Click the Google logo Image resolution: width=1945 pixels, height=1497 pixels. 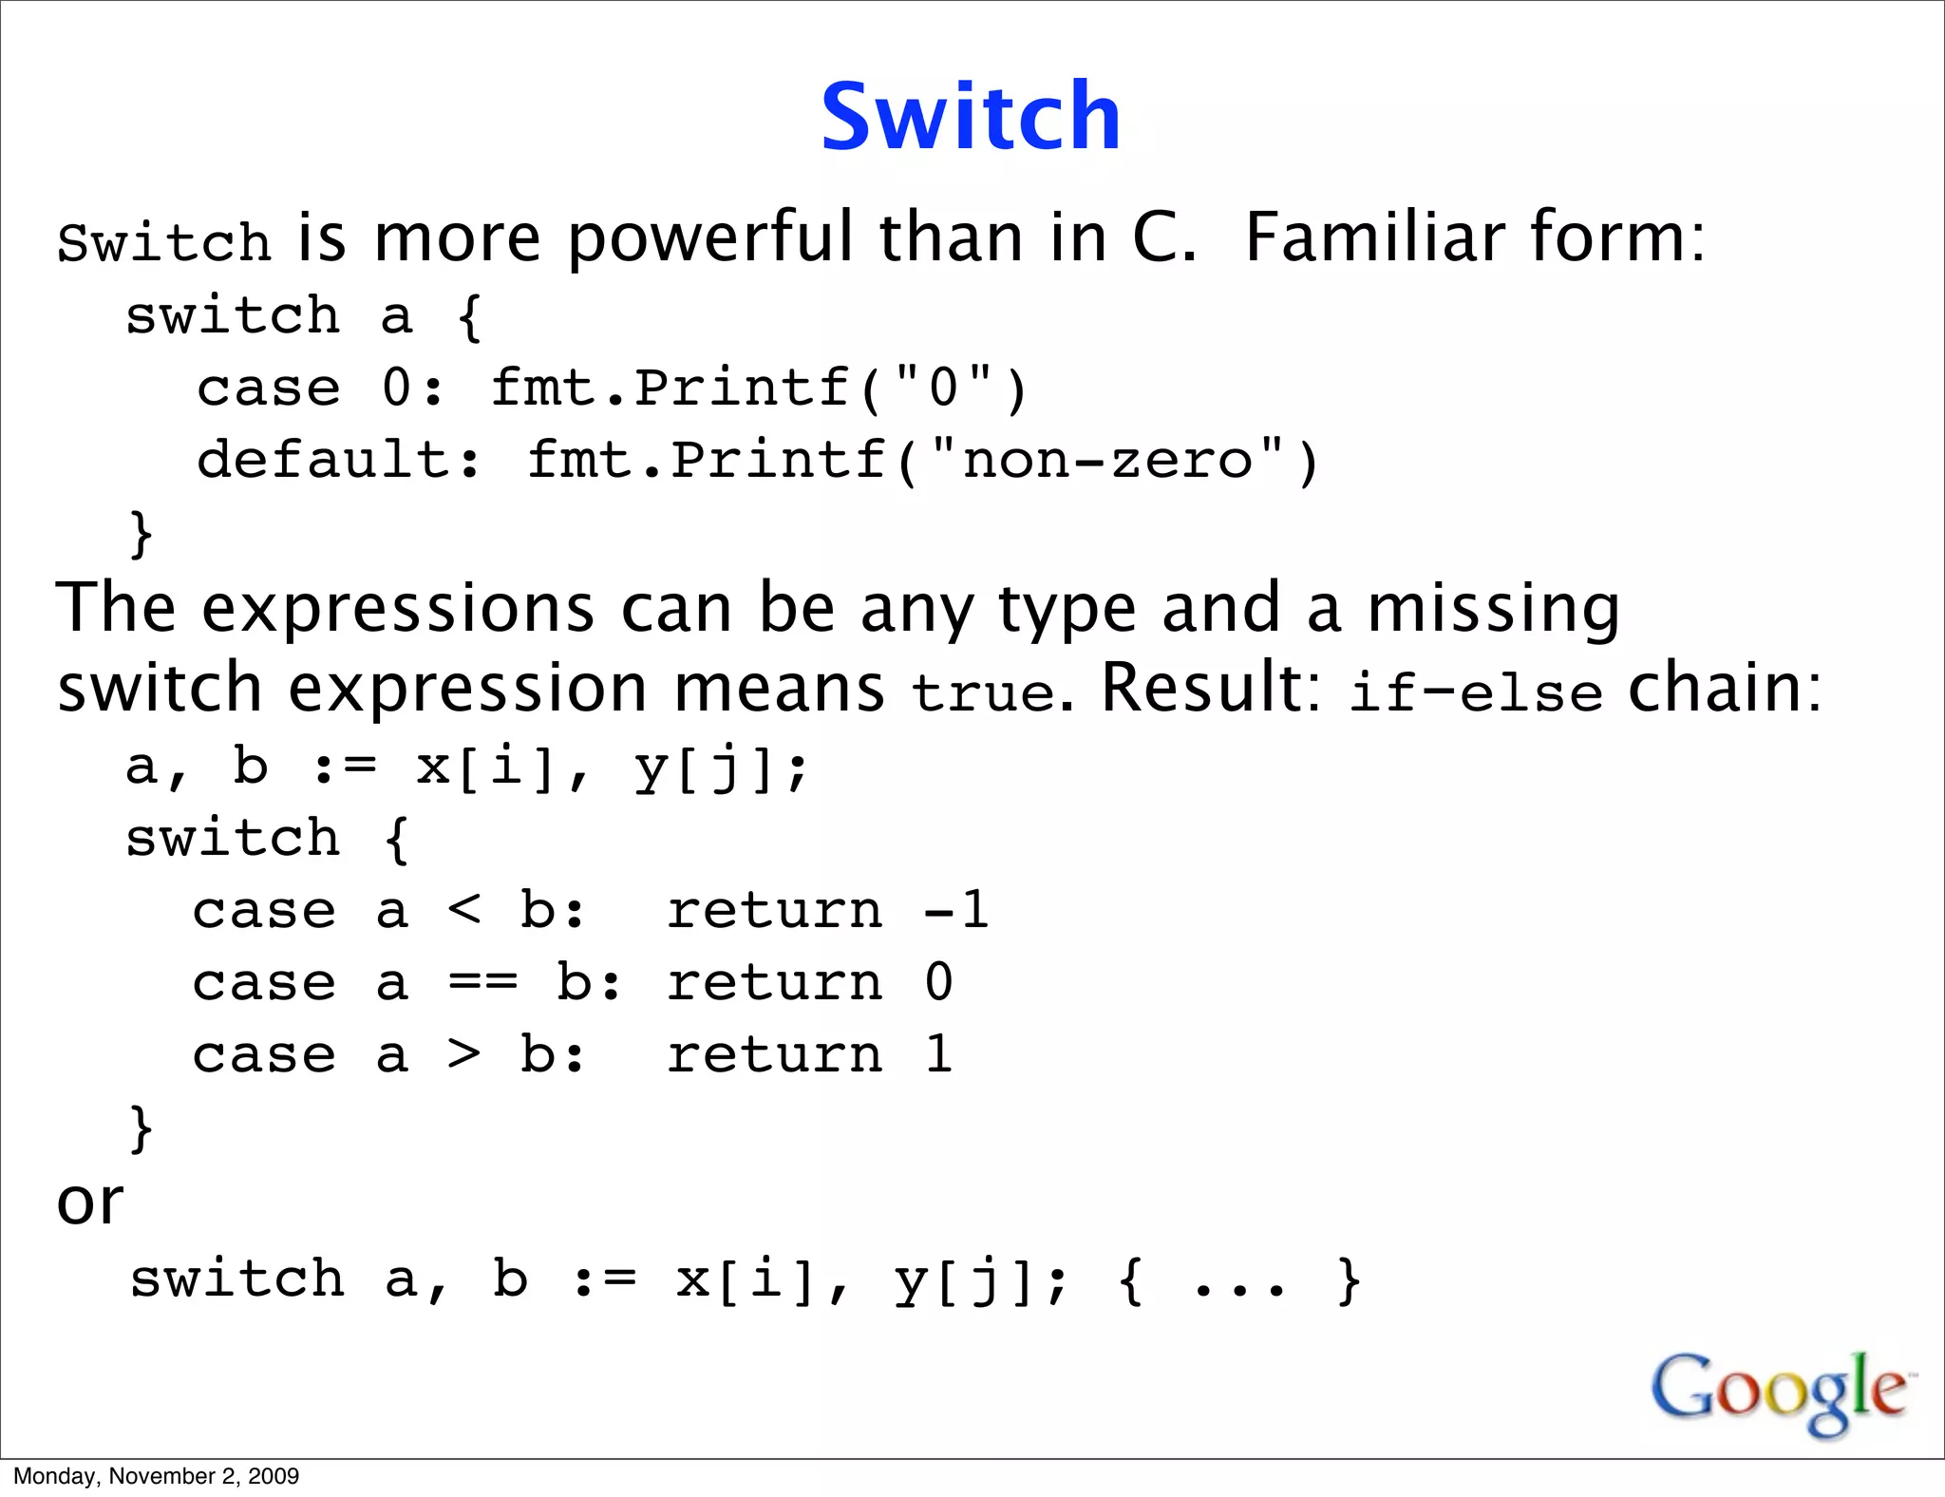tap(1781, 1392)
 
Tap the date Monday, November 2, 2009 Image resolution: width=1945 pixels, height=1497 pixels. tap(157, 1476)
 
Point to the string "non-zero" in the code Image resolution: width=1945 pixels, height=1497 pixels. tap(1107, 461)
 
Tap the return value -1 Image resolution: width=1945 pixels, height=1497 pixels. tap(956, 911)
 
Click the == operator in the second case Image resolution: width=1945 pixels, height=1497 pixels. tap(483, 983)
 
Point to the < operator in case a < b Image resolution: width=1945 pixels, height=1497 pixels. tap(464, 911)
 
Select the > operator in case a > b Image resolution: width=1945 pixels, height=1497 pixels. tap(464, 1055)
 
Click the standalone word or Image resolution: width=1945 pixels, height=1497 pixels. tap(90, 1203)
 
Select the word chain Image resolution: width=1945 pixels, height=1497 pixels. tap(1725, 688)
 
